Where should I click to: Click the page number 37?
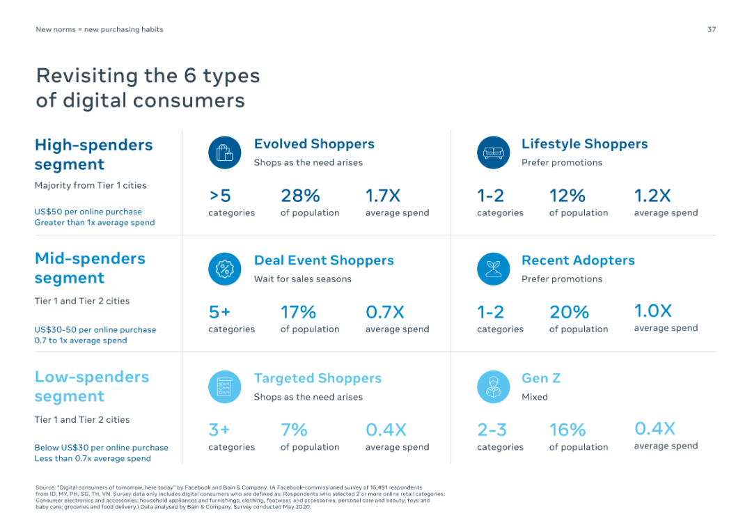point(711,29)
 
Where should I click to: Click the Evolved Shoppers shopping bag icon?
point(224,152)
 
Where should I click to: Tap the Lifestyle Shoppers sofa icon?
point(493,152)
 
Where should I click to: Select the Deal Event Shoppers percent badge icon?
point(224,269)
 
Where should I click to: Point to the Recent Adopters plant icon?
point(493,269)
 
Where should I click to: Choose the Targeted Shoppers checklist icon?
point(224,386)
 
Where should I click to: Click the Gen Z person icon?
point(493,386)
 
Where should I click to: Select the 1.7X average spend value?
point(383,196)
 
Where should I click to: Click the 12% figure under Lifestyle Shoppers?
point(567,196)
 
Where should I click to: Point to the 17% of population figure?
point(298,312)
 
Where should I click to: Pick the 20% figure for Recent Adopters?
point(569,312)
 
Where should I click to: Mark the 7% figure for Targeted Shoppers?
point(294,430)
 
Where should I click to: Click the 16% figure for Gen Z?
point(567,430)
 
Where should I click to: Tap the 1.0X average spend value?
point(652,311)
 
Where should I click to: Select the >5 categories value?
point(220,196)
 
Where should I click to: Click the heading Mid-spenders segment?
point(90,268)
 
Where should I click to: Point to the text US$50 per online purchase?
point(88,212)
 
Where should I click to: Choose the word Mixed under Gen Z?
point(534,397)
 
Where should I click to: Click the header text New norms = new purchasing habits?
point(100,29)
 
